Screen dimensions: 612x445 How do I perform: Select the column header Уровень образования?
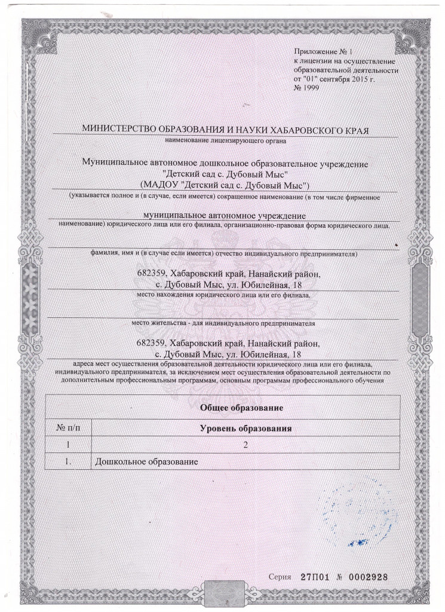pos(245,429)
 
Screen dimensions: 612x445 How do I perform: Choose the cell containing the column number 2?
pos(245,445)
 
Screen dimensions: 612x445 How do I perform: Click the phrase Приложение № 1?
pos(323,54)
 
